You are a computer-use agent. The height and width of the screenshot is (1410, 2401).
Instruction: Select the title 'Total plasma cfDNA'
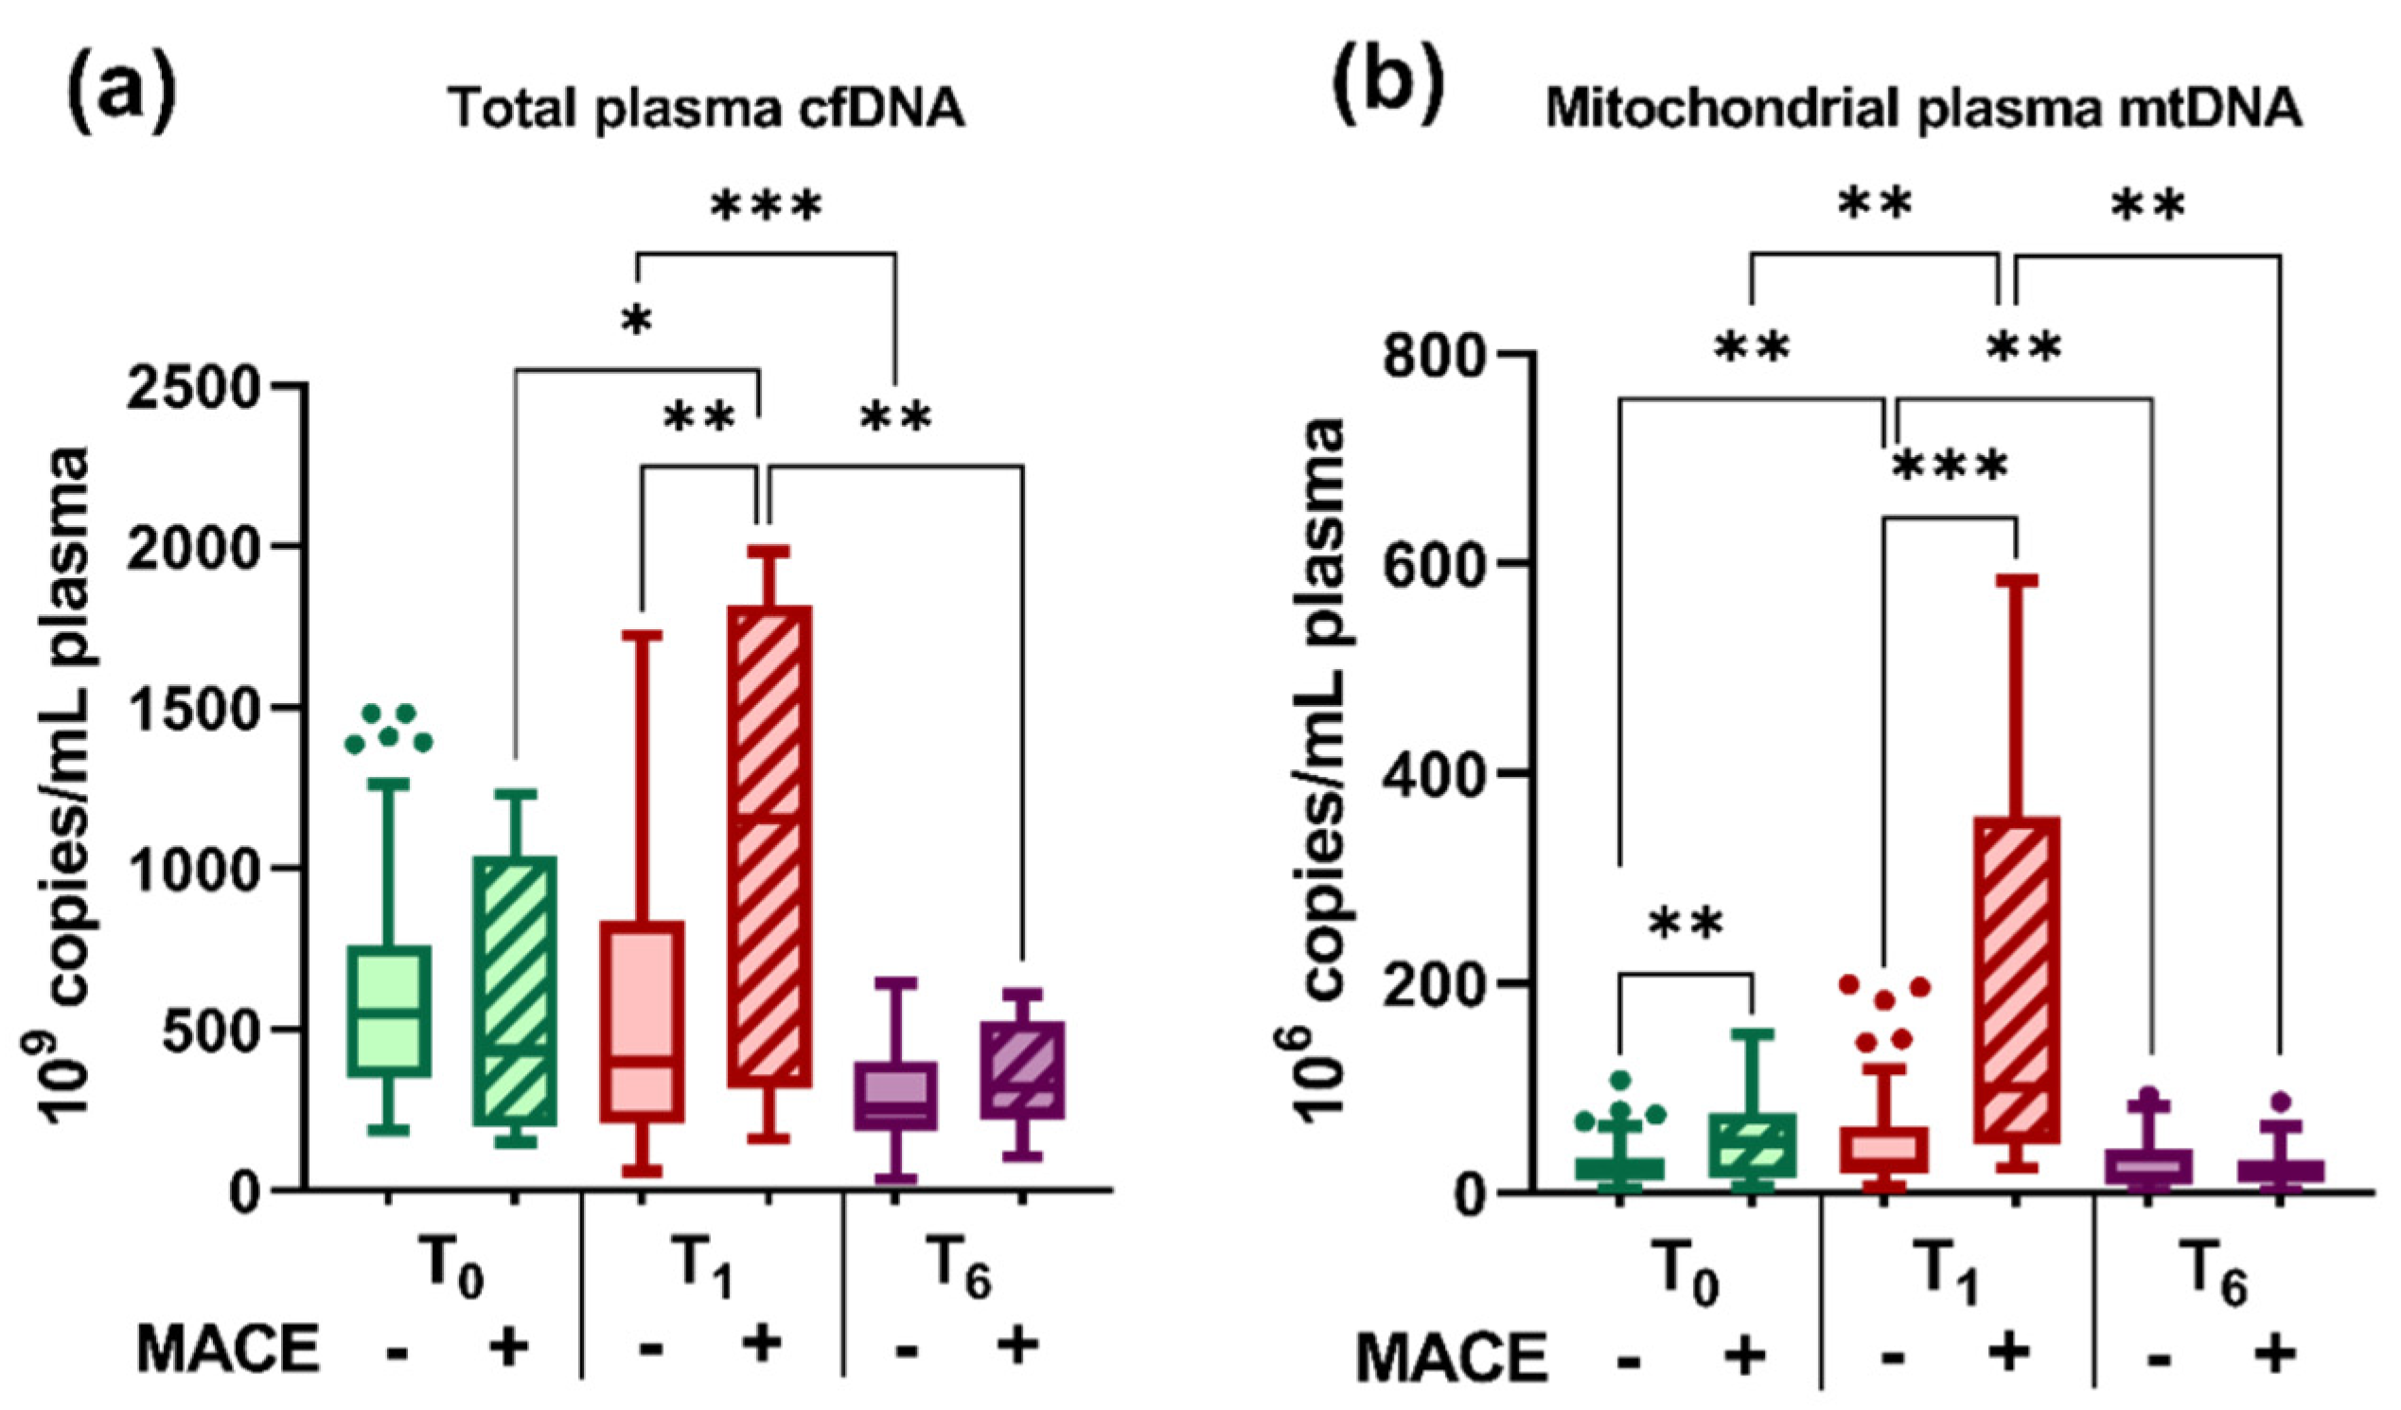(707, 108)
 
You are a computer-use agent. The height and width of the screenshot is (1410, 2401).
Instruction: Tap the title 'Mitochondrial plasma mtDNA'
(1923, 108)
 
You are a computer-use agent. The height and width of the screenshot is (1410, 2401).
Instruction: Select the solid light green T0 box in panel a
(388, 1011)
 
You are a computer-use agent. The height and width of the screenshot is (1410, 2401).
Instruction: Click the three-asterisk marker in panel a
(766, 205)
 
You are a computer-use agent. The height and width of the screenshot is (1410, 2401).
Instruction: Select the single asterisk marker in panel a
(637, 322)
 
